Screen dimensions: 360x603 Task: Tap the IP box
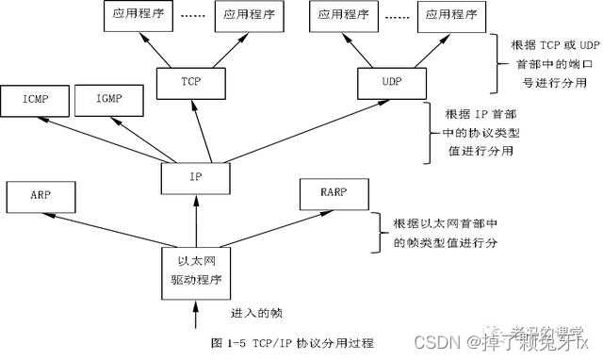click(194, 175)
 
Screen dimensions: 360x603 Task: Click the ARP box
click(40, 197)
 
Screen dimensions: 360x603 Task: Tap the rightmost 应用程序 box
click(447, 15)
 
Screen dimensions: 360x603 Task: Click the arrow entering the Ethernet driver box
click(194, 311)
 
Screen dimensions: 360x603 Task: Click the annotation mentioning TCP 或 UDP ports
click(546, 58)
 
